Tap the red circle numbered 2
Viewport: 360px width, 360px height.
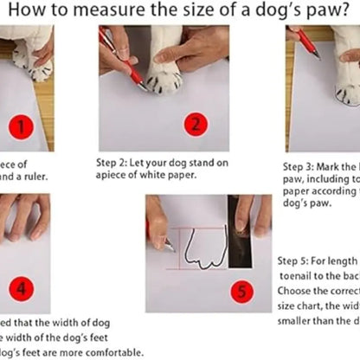coord(196,124)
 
